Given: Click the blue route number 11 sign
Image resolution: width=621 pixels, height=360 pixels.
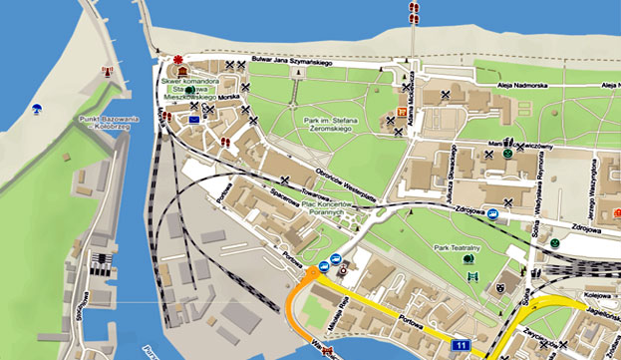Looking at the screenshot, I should point(460,345).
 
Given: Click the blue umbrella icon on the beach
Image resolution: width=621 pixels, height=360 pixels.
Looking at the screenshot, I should point(36,110).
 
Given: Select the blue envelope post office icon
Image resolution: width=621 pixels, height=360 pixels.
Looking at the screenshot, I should point(194,119).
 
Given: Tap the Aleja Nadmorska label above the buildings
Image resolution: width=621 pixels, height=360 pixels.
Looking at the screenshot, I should point(526,87).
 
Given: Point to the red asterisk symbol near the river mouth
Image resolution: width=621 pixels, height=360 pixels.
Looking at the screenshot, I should point(178,61).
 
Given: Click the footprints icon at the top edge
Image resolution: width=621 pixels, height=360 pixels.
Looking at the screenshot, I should point(412,11).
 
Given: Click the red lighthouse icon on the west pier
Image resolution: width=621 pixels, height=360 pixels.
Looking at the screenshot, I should point(107,72).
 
